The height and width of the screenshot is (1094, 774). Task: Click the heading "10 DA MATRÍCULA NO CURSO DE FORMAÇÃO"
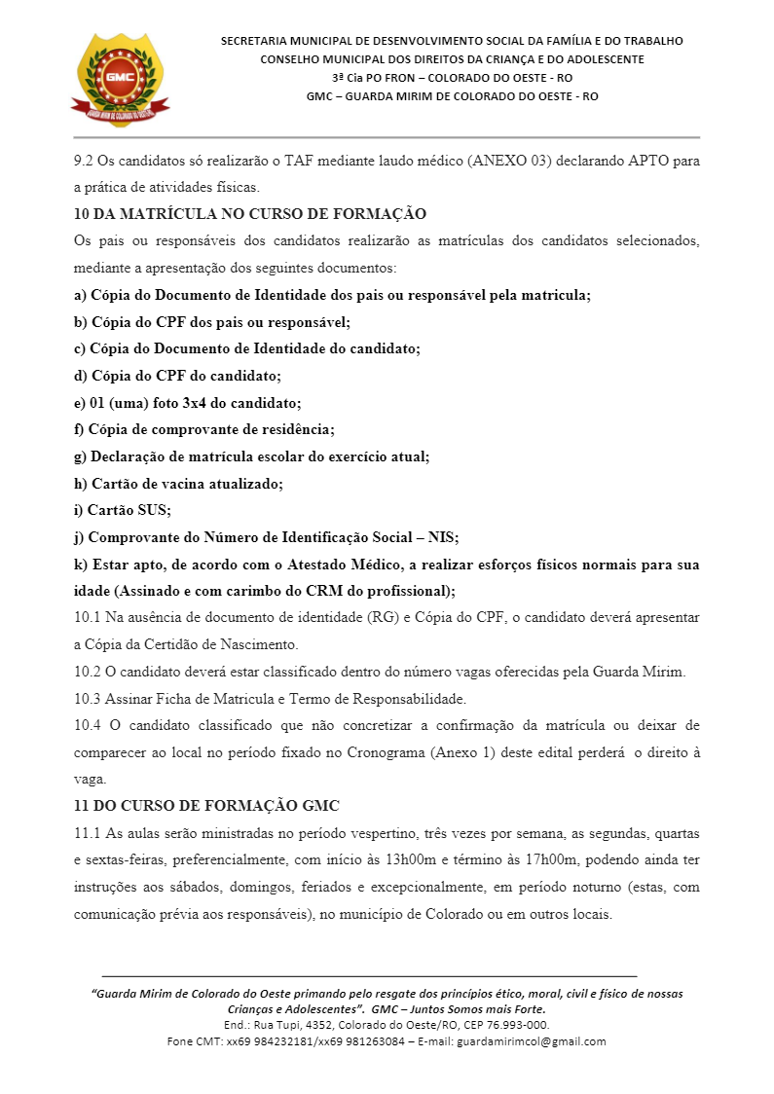(250, 214)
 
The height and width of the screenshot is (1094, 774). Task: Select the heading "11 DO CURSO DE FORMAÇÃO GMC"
(206, 806)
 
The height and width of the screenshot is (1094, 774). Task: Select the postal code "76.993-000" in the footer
(517, 1025)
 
